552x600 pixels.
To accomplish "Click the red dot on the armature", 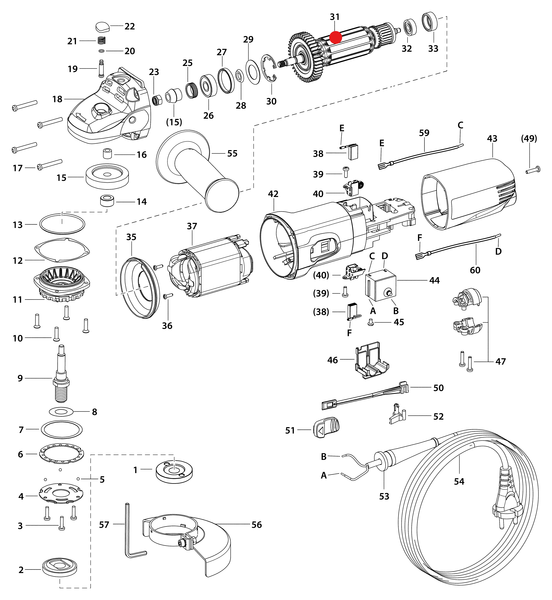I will click(x=335, y=38).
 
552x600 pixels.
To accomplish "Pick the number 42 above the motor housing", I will click(x=273, y=194).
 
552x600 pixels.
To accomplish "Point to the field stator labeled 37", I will click(x=209, y=266).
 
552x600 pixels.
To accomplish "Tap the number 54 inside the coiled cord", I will click(x=459, y=481).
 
